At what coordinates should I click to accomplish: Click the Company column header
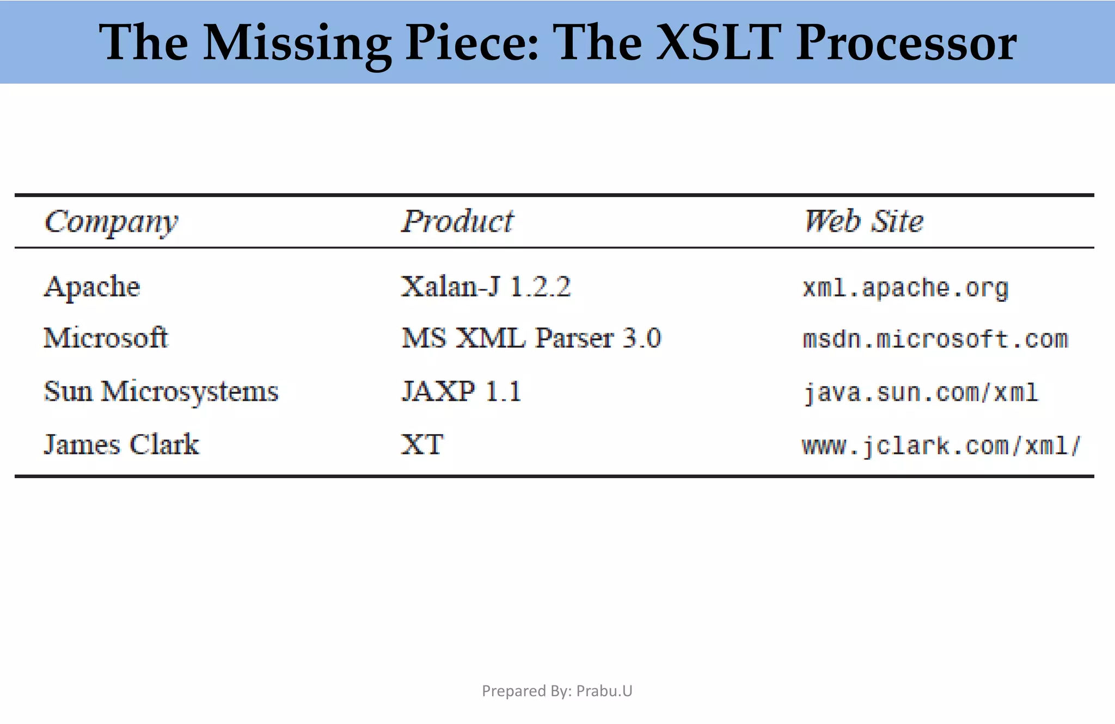111,221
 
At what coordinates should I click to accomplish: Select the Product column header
457,221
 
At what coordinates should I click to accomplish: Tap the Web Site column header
863,221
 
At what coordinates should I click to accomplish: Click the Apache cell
91,287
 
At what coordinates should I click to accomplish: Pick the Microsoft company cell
106,338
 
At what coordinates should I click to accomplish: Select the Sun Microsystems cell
161,391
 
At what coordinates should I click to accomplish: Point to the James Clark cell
121,444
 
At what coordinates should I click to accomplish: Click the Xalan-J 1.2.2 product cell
486,287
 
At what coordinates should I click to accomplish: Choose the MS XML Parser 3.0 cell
531,338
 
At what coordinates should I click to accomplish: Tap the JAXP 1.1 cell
461,391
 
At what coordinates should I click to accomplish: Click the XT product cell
422,444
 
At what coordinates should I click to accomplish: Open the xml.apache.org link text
905,288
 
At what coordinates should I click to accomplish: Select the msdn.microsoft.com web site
935,339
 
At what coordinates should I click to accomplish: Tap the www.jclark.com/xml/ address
941,445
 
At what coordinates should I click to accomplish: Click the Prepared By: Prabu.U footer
557,691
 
